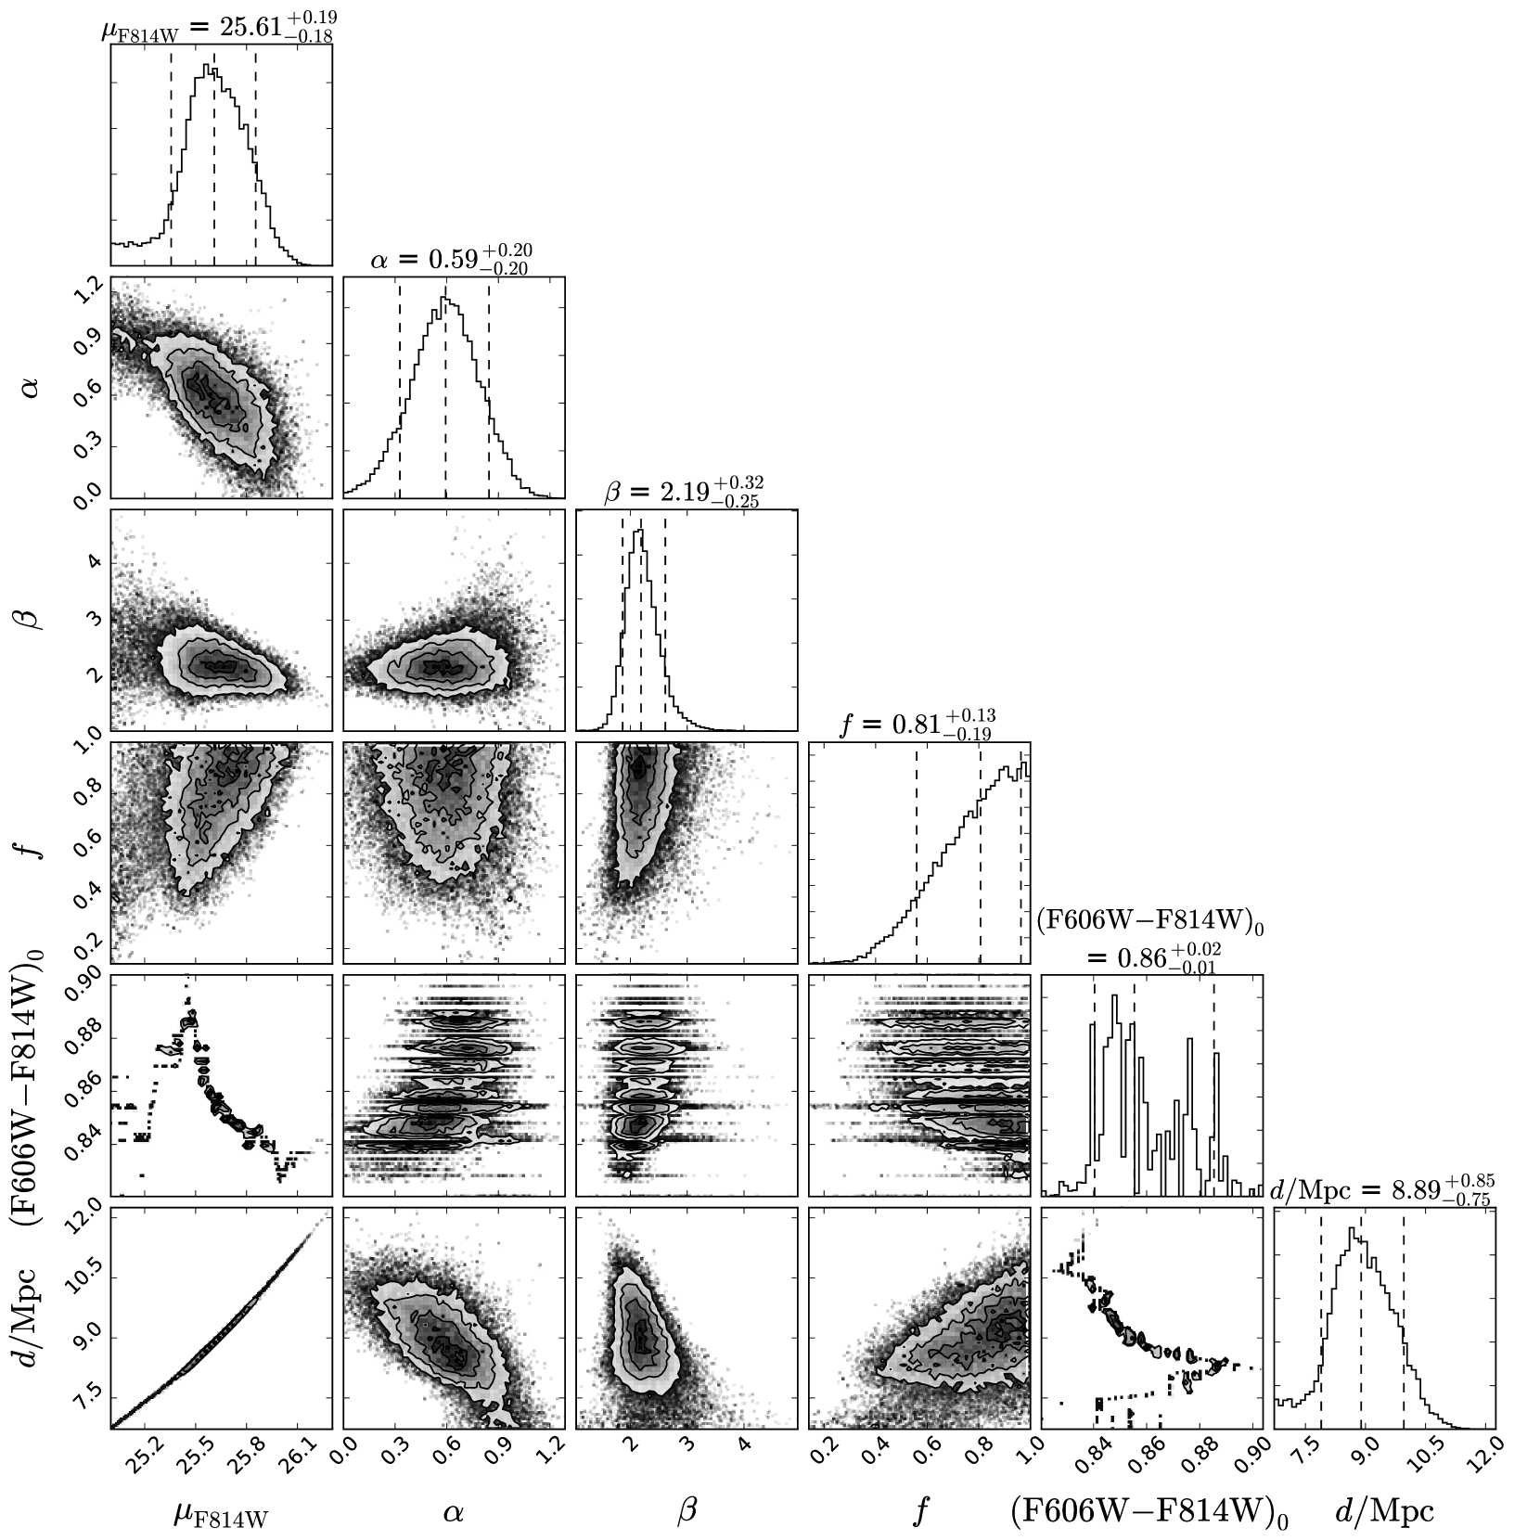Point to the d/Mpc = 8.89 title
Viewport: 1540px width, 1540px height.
1383,1189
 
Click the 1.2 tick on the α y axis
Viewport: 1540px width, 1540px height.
86,294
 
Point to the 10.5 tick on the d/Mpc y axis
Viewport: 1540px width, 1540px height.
86,1276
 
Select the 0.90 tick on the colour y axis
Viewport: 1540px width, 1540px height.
86,994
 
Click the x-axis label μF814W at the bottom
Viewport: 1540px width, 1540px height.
220,1512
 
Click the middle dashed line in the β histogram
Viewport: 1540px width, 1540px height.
641,622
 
